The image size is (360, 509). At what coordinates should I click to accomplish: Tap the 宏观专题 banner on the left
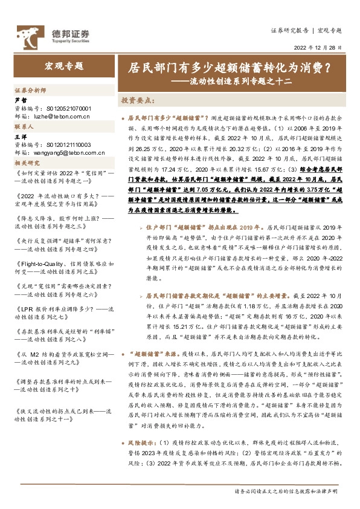pos(64,66)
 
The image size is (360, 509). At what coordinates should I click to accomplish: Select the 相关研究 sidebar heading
pos(28,163)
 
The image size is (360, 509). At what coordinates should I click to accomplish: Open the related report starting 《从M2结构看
pos(63,355)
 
